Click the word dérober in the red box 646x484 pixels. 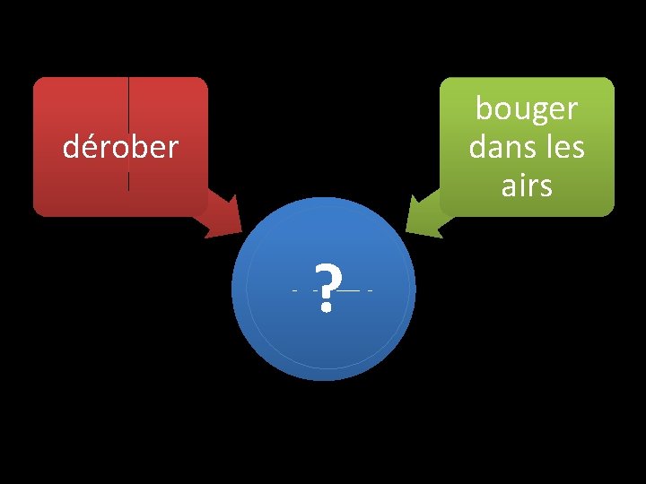[120, 147]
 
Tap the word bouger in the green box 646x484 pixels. [527, 109]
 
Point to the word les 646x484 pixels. [563, 147]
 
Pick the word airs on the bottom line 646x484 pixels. [527, 186]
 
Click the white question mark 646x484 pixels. [327, 286]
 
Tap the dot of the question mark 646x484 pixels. [327, 308]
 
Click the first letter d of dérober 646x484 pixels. [71, 147]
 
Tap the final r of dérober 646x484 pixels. [174, 148]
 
